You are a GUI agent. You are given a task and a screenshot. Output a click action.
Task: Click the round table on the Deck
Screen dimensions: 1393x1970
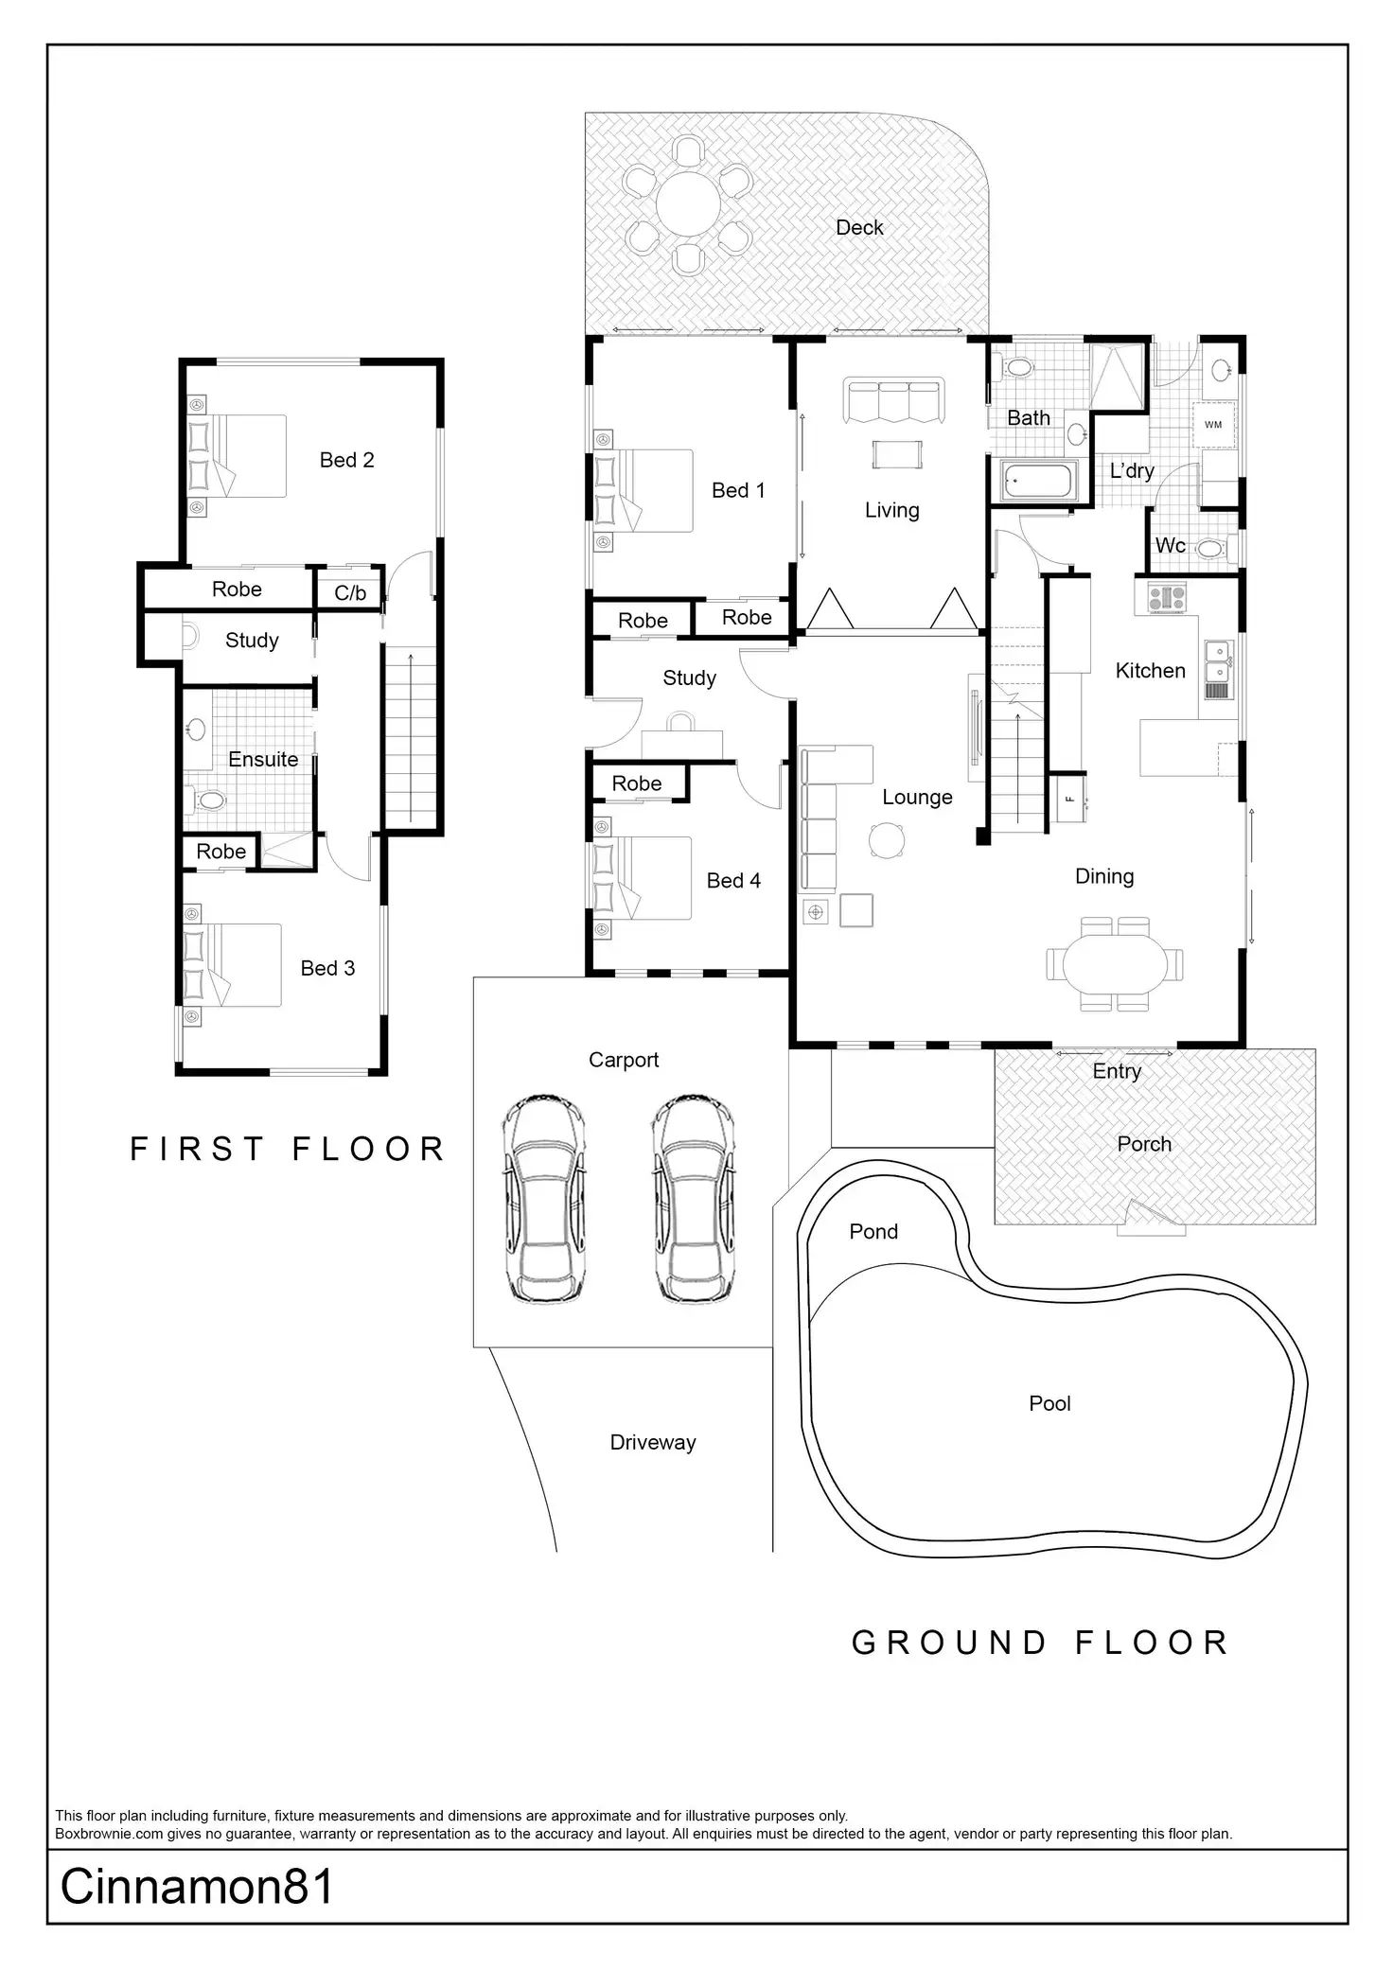[x=688, y=203]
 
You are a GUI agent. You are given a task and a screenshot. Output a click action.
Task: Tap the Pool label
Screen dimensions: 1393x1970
[x=1049, y=1403]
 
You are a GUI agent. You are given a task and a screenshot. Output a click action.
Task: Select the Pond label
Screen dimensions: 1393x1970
[x=873, y=1231]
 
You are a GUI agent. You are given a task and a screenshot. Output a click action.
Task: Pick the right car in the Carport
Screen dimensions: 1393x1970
[x=694, y=1199]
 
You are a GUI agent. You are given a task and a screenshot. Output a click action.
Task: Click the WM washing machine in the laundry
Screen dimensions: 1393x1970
[x=1213, y=425]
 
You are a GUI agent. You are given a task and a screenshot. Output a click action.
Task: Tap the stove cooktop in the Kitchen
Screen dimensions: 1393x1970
[x=1167, y=598]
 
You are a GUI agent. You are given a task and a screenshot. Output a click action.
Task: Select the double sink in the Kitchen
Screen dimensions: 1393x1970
[x=1217, y=660]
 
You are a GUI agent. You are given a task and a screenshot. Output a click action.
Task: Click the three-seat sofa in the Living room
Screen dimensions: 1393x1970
[x=895, y=400]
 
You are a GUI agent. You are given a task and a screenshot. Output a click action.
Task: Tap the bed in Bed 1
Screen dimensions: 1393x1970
[x=644, y=490]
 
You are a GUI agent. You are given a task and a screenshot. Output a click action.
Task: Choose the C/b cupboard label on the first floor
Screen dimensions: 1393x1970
[x=350, y=593]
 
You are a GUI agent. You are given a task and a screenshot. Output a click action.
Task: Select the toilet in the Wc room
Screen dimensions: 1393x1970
[x=1210, y=548]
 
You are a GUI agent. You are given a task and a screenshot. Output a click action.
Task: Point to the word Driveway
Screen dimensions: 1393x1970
[x=653, y=1442]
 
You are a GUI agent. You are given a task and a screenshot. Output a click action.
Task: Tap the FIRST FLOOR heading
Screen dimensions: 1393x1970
[x=288, y=1149]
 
